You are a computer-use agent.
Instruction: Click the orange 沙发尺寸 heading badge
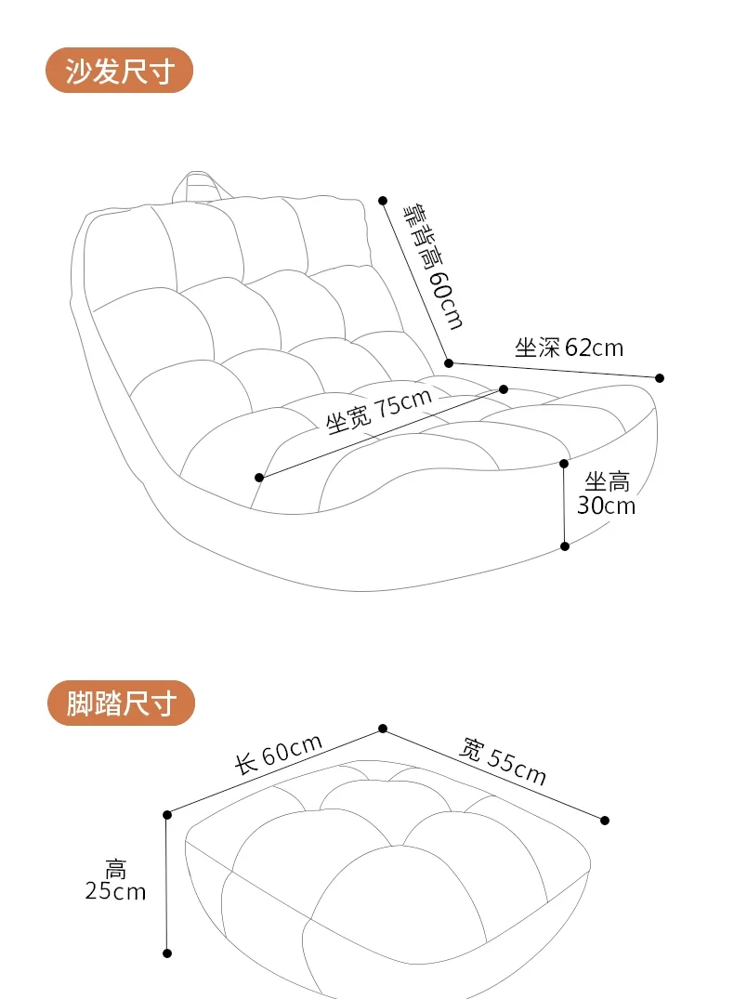click(120, 71)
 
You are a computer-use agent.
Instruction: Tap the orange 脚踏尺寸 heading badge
click(121, 703)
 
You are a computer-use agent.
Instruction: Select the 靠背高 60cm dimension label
click(431, 265)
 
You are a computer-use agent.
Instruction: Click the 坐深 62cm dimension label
click(569, 348)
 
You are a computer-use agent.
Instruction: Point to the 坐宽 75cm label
click(379, 411)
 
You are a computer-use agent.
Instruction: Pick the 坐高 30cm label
click(606, 493)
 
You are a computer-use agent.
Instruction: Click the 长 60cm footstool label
click(278, 754)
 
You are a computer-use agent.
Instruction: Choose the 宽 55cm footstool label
click(504, 761)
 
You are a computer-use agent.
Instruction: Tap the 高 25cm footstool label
click(115, 881)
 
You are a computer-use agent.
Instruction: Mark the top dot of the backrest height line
click(382, 200)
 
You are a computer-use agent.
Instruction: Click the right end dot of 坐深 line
click(660, 377)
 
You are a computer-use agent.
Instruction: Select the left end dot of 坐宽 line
click(259, 478)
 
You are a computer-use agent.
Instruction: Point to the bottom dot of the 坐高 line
click(564, 546)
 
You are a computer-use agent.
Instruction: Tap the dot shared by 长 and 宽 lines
click(382, 729)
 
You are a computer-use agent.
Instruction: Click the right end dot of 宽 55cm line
click(605, 820)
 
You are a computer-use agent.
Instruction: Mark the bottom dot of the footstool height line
click(167, 953)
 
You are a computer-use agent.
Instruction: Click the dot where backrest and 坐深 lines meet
click(449, 362)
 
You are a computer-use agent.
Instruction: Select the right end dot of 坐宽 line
click(504, 388)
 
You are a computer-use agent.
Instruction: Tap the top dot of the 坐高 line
click(564, 463)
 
